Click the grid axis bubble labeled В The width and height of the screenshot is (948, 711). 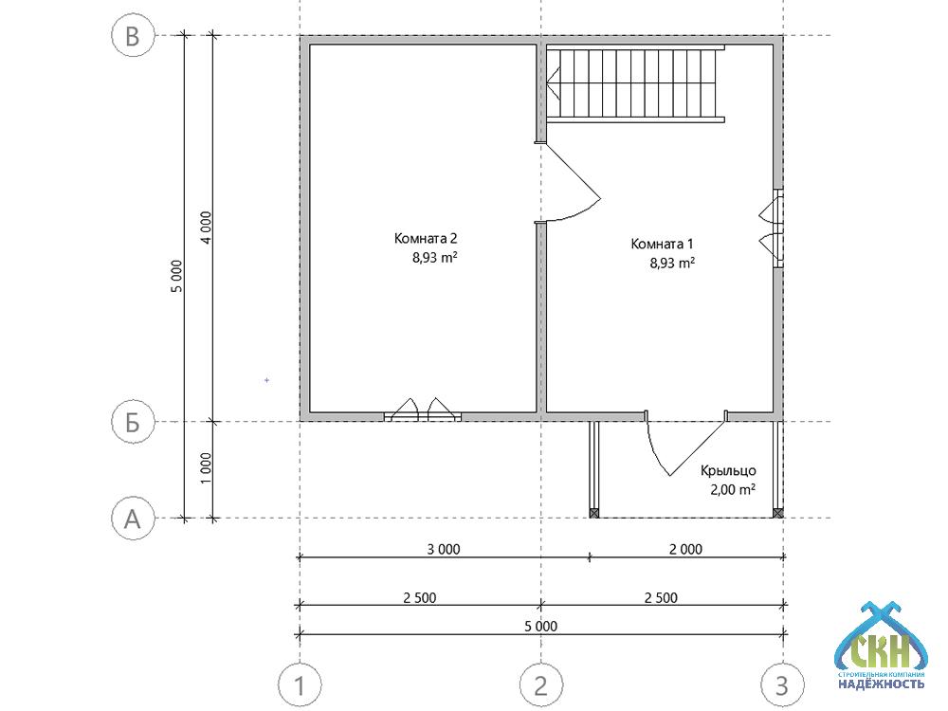coord(133,36)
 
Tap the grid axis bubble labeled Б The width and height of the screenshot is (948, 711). coord(133,422)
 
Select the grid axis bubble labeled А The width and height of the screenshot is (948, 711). coord(133,519)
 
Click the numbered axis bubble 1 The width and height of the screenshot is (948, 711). coord(300,685)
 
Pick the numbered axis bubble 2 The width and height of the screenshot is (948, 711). coord(541,685)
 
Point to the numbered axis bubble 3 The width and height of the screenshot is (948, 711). coord(782,685)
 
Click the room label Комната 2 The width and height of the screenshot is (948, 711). coord(426,238)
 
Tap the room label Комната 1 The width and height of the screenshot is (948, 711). coord(662,244)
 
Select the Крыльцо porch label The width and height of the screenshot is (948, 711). coord(728,470)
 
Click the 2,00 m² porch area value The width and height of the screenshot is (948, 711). coord(733,489)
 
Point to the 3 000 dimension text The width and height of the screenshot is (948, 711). coord(444,549)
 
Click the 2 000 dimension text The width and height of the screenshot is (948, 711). coord(685,549)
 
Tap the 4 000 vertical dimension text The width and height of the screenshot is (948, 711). coord(206,228)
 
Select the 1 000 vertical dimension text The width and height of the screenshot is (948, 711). coord(206,468)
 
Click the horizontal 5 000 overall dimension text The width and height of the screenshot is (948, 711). coord(541,627)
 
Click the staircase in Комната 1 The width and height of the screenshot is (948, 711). coord(635,84)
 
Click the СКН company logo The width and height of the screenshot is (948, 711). coord(881,646)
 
